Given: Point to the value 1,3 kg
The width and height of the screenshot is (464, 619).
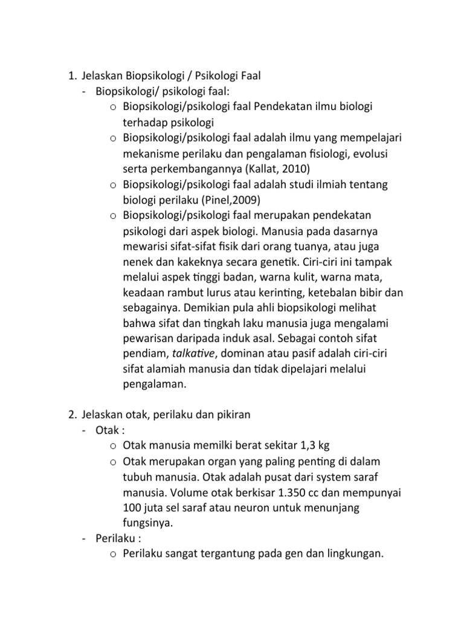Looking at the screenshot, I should [314, 446].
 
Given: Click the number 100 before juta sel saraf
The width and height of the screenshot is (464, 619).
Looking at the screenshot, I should [132, 509].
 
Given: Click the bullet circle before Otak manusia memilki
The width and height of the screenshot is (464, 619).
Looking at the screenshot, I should [114, 447].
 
